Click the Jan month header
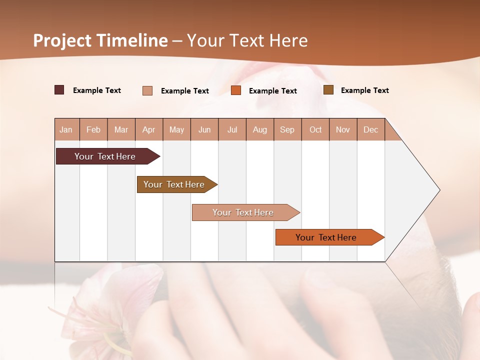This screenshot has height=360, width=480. click(x=66, y=129)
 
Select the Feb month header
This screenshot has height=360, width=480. click(x=93, y=129)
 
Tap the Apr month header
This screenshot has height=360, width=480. click(x=149, y=129)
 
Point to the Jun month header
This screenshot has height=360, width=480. click(x=204, y=129)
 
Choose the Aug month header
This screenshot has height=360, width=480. click(x=260, y=129)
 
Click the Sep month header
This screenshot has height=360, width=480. click(x=287, y=129)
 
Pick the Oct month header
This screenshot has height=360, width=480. click(x=315, y=129)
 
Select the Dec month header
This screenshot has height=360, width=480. click(x=371, y=129)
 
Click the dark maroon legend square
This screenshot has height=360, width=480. click(x=59, y=90)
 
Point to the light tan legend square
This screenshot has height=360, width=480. click(x=147, y=90)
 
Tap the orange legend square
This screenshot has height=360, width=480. click(x=236, y=90)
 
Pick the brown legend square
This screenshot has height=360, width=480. click(x=328, y=90)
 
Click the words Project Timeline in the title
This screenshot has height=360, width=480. click(x=100, y=40)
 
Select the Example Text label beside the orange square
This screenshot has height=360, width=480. click(x=273, y=90)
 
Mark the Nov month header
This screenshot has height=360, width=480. click(x=343, y=129)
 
